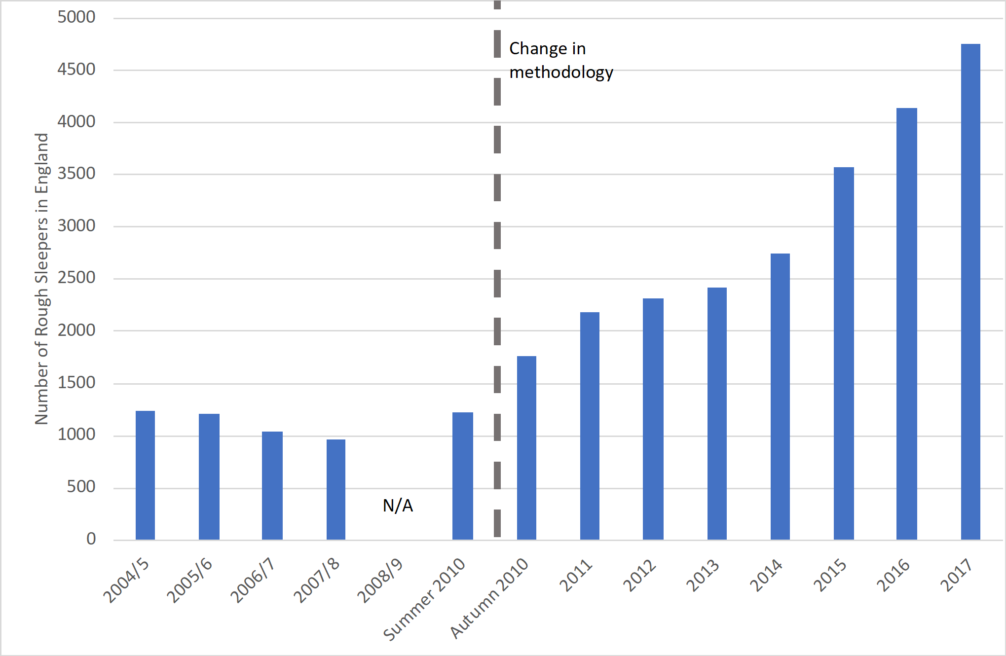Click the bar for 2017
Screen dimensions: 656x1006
point(970,292)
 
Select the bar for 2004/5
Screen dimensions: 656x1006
point(145,475)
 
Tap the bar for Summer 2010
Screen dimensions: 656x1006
point(463,476)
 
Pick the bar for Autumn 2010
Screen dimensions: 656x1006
point(526,448)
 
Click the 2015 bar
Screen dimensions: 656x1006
point(844,353)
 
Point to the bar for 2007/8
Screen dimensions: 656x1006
point(336,489)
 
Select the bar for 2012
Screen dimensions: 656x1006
point(653,419)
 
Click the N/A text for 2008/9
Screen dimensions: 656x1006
point(398,506)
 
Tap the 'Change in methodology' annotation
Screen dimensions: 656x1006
point(561,60)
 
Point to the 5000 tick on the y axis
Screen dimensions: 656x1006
point(76,17)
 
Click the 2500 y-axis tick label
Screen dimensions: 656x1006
point(76,278)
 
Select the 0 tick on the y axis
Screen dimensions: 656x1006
point(91,539)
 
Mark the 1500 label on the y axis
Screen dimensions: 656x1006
point(76,382)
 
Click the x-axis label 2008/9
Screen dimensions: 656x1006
point(380,581)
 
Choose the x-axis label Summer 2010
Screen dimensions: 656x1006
point(425,599)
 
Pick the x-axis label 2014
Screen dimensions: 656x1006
point(766,575)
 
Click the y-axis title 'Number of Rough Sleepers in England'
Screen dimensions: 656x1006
point(42,279)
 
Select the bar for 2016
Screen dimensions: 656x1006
point(907,324)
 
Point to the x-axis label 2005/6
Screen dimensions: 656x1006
point(189,581)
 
